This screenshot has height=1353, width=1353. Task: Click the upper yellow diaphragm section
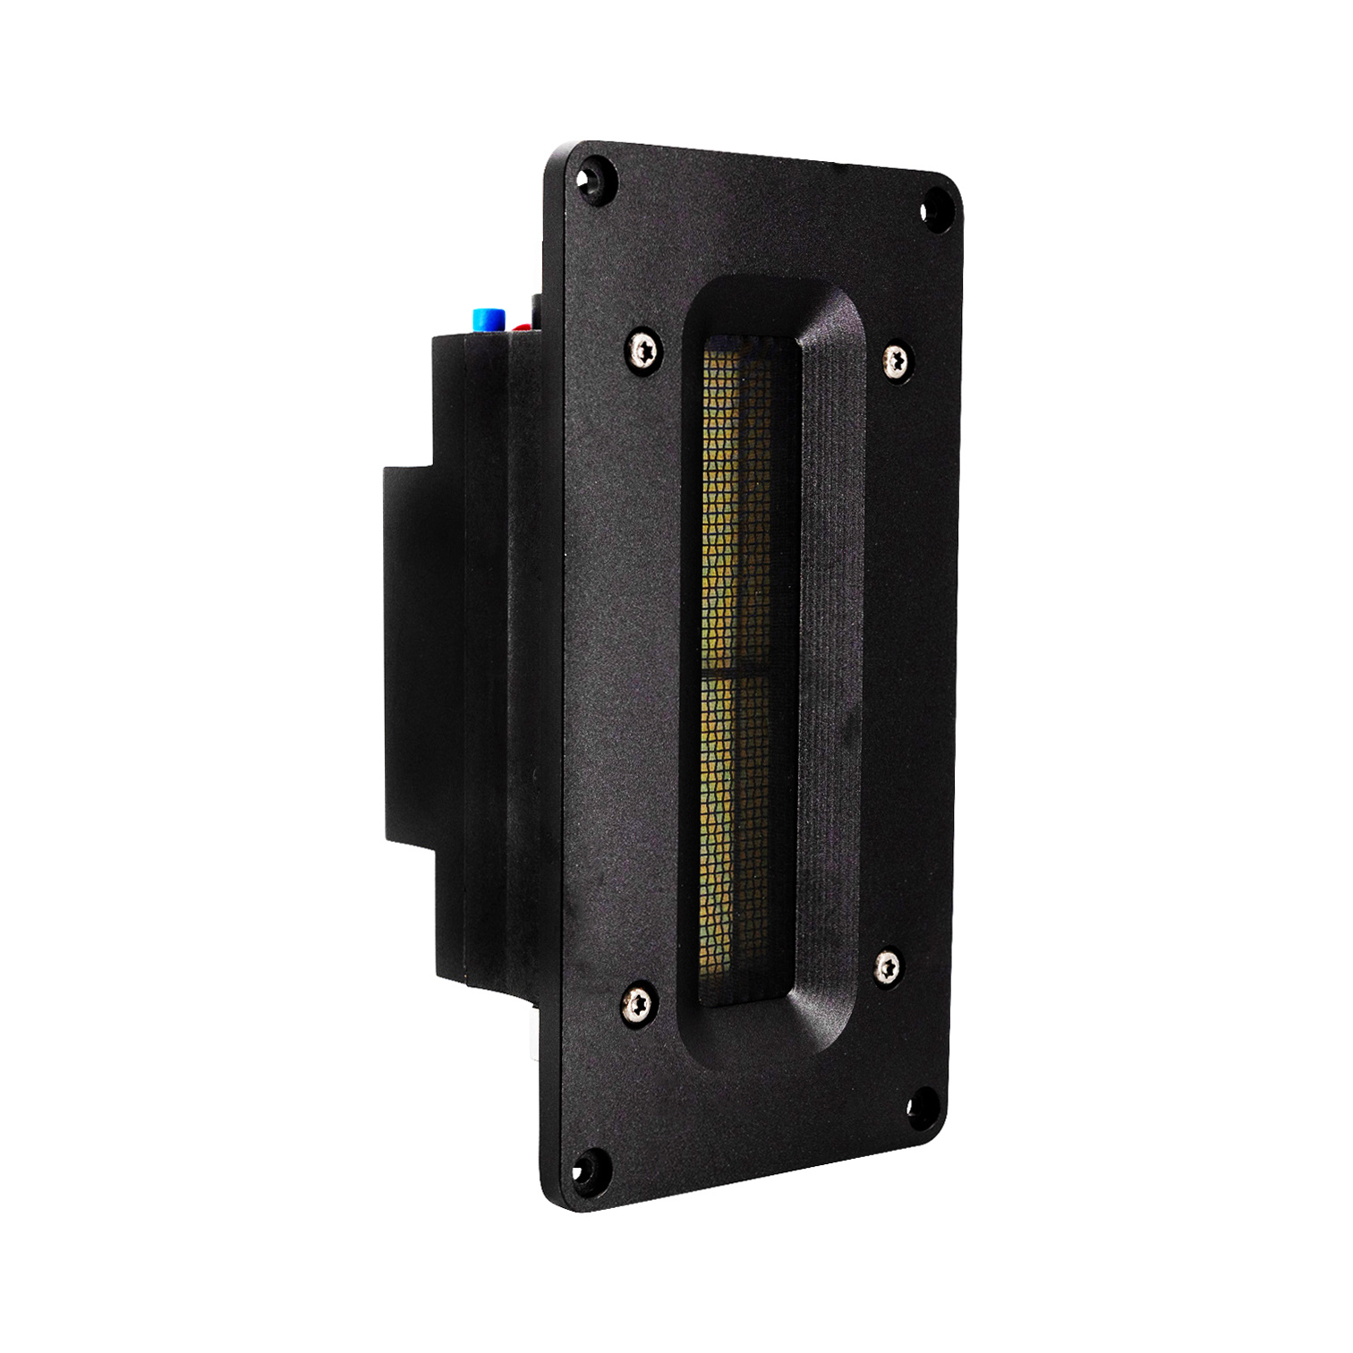coord(734,501)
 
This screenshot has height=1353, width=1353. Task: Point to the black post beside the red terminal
coord(536,309)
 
